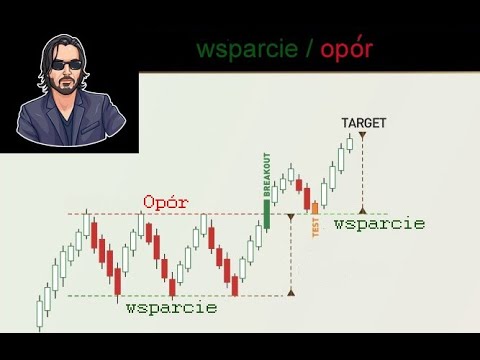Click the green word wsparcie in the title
coord(244,49)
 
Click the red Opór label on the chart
coord(166,202)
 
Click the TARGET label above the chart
coord(363,123)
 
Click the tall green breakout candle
coord(267,211)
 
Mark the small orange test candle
coord(315,206)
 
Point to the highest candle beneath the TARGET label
coord(350,143)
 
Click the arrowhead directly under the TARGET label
coord(363,135)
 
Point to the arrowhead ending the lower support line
coord(291,293)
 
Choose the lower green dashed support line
coord(150,295)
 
